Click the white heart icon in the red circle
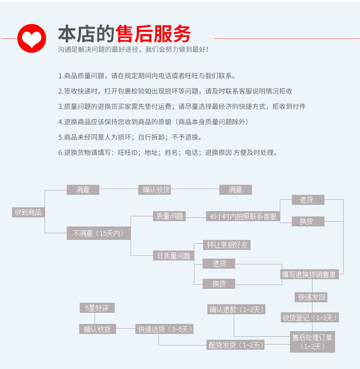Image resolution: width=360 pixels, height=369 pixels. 32,38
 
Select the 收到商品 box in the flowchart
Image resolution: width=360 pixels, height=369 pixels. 28,212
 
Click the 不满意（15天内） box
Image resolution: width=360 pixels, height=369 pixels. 98,234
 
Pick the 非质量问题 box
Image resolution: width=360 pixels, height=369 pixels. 173,256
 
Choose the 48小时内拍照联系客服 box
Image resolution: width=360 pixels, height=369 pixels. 243,216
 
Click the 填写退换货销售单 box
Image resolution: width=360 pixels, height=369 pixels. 309,274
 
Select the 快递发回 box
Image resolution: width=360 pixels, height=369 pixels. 311,297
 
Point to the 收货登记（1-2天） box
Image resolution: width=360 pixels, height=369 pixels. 310,317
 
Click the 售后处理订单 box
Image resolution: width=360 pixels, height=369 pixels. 312,341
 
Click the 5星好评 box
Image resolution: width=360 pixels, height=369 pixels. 97,308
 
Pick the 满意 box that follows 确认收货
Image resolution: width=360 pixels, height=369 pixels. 235,190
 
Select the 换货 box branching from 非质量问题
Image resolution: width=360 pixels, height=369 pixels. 219,284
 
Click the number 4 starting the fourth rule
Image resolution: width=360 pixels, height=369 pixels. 60,122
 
